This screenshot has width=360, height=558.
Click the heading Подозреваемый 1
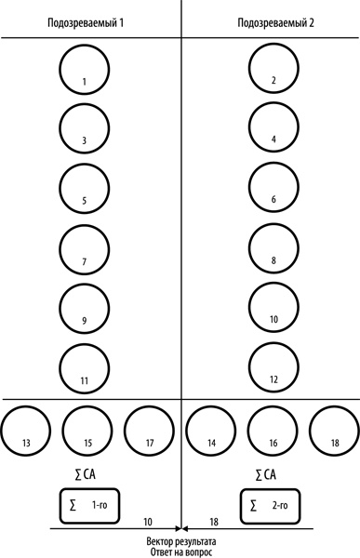coord(86,23)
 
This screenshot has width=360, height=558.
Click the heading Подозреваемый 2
coord(275,23)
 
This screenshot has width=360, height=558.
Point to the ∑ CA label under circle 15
coord(85,474)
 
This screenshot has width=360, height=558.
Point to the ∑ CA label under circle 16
coord(266,474)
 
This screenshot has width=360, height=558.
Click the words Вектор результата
coord(181,541)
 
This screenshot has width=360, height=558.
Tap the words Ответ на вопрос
coord(181,552)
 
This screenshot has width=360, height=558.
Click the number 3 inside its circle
coord(85,140)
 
